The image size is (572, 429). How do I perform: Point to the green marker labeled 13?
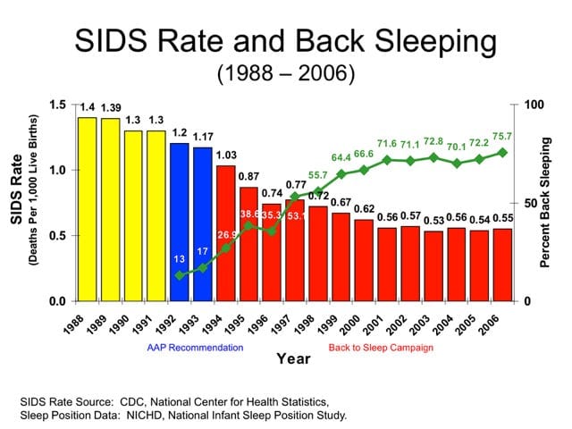[180, 275]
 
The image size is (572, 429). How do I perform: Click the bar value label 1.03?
[226, 156]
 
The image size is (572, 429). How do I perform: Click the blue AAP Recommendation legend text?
[195, 347]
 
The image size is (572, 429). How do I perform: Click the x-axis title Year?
[293, 359]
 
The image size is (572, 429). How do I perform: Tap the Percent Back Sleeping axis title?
[546, 203]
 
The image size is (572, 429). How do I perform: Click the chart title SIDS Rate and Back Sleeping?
[286, 43]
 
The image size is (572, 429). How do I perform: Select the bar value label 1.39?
[110, 108]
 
